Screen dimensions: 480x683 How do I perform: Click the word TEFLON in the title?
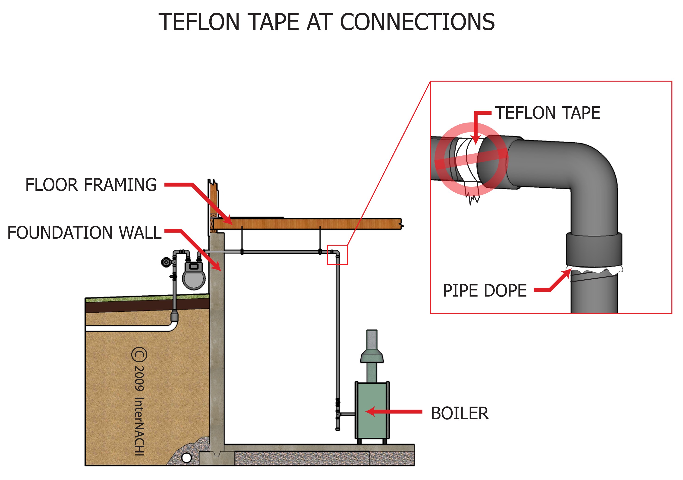199,22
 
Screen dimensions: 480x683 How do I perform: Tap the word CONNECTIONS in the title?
417,22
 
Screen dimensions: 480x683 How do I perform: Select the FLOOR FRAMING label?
91,185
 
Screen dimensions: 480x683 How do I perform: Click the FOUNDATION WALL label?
84,233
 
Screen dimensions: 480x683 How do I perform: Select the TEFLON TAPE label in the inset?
547,113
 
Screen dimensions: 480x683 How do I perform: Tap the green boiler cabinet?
372,411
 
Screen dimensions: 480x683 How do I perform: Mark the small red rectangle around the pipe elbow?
337,255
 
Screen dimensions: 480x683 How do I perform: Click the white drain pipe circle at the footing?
186,458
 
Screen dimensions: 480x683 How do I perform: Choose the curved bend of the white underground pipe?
173,326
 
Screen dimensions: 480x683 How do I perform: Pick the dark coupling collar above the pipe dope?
594,250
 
